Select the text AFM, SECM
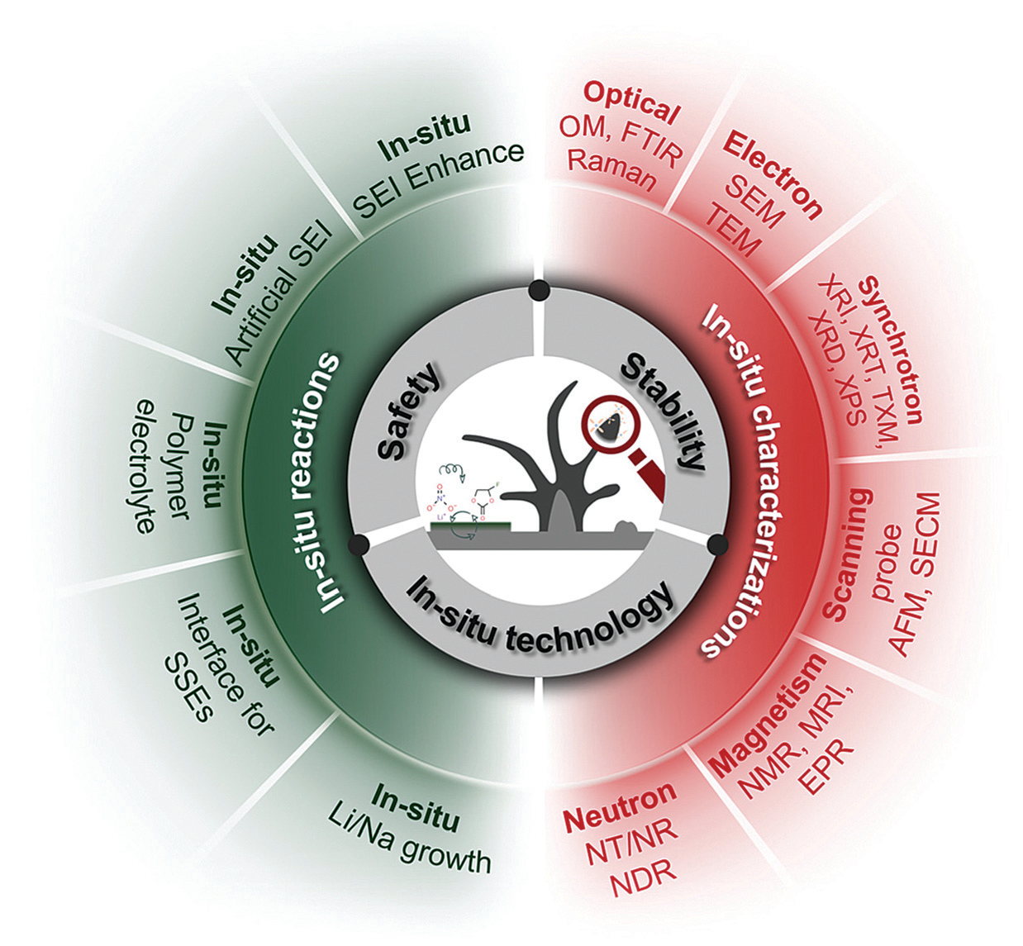(918, 575)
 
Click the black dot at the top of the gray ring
(539, 290)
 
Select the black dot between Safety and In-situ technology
(359, 544)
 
